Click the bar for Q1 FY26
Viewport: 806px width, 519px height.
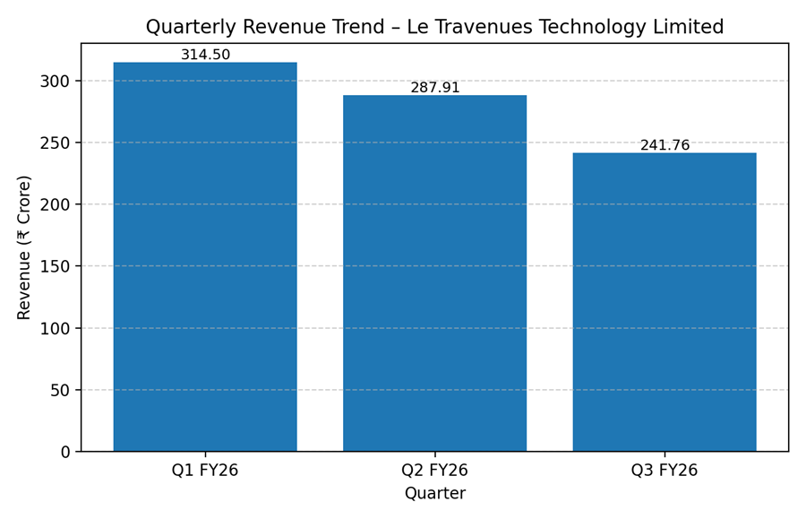pos(205,256)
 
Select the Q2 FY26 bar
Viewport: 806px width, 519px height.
pos(434,273)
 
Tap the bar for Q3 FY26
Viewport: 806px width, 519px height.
pos(665,302)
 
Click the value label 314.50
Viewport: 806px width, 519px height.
pos(205,55)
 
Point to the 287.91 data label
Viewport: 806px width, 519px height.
pos(434,88)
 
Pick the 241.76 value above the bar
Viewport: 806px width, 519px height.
pos(665,145)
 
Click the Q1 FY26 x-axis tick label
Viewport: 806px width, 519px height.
pos(205,471)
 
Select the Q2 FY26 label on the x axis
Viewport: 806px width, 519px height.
pos(434,471)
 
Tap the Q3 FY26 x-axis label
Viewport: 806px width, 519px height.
pos(665,471)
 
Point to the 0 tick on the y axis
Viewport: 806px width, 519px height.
pos(64,452)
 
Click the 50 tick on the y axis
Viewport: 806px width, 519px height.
pos(60,390)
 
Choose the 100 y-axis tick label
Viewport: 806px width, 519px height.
pos(56,328)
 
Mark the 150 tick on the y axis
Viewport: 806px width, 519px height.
pos(56,266)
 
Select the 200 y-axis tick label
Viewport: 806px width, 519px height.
pos(56,204)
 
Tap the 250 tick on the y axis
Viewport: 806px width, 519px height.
pos(56,143)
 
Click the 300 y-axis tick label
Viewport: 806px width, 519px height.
pos(56,81)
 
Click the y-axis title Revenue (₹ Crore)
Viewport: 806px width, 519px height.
pos(24,247)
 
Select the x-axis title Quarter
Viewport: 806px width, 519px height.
pos(434,494)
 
